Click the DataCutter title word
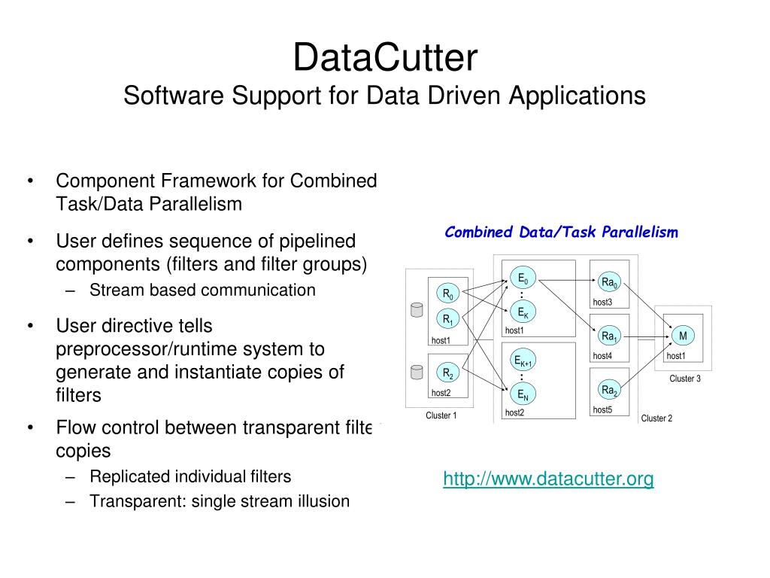[384, 58]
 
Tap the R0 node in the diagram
[448, 294]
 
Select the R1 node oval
[448, 319]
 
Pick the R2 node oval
[448, 373]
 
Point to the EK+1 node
[523, 362]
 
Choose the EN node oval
[523, 394]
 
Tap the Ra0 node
[609, 283]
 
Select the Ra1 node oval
[609, 336]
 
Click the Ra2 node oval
[609, 390]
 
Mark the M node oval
[683, 336]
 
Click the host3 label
[602, 303]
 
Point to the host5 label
[602, 410]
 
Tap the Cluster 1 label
[441, 415]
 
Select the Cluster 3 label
[685, 379]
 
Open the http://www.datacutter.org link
[548, 479]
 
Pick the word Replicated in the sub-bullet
[129, 476]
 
